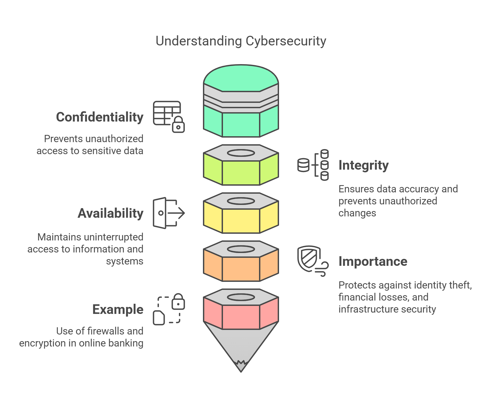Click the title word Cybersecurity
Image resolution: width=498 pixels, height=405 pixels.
(285, 41)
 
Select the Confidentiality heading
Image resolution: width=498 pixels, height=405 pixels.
(100, 117)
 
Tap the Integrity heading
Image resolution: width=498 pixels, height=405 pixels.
(363, 165)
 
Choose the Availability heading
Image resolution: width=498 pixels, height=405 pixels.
(110, 213)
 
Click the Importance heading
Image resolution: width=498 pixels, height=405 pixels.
(373, 261)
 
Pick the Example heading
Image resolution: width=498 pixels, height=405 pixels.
(118, 309)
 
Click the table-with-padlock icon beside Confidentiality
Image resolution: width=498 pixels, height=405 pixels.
(168, 116)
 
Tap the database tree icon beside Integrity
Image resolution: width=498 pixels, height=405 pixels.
(313, 165)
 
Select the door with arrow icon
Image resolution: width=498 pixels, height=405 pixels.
(168, 213)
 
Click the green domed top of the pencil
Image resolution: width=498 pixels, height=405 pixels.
(241, 77)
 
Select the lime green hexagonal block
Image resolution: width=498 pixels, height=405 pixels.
(241, 172)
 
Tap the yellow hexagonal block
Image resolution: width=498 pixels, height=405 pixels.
(241, 220)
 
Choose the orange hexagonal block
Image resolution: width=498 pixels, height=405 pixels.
(241, 268)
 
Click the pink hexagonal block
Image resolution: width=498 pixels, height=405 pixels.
(241, 317)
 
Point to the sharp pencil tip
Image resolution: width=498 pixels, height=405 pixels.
(241, 367)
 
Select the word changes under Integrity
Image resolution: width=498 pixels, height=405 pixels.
(357, 213)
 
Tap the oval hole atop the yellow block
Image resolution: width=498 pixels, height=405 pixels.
(241, 201)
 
